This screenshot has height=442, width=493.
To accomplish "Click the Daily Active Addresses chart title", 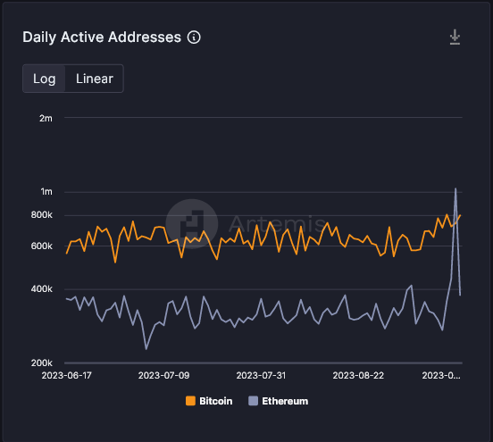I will pyautogui.click(x=102, y=37).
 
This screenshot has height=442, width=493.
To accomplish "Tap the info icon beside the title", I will pyautogui.click(x=195, y=38).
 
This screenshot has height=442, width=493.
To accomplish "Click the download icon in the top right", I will pyautogui.click(x=455, y=37).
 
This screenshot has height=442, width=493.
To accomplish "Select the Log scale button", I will pyautogui.click(x=45, y=79).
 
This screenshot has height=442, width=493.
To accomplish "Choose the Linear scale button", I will pyautogui.click(x=95, y=79).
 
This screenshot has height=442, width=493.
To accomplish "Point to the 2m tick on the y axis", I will pyautogui.click(x=46, y=118).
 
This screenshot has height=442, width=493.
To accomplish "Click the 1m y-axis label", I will pyautogui.click(x=46, y=192).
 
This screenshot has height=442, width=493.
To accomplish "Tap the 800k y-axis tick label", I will pyautogui.click(x=41, y=215).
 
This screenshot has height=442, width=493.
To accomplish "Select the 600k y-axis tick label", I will pyautogui.click(x=41, y=246).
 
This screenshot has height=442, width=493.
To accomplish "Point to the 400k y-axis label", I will pyautogui.click(x=41, y=289).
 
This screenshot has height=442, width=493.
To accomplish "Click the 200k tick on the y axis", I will pyautogui.click(x=41, y=363).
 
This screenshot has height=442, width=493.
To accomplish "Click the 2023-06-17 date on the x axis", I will pyautogui.click(x=67, y=377).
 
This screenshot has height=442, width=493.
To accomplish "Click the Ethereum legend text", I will pyautogui.click(x=285, y=402).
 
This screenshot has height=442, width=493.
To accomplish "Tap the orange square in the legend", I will pyautogui.click(x=191, y=402).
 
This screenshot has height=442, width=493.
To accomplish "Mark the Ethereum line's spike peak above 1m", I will pyautogui.click(x=456, y=188).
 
